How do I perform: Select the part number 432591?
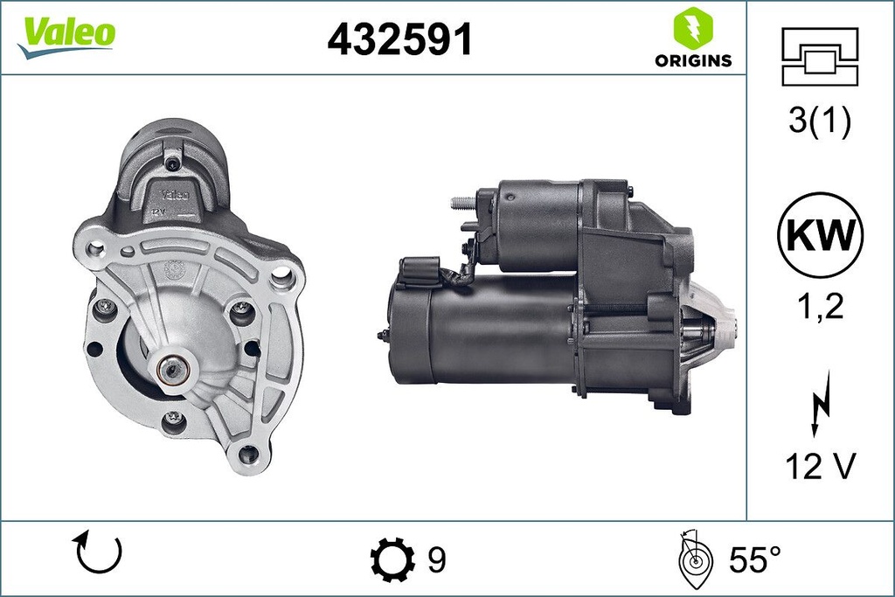(399, 38)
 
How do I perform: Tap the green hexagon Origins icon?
(692, 28)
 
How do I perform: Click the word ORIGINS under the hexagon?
(692, 60)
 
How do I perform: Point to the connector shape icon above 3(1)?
(820, 56)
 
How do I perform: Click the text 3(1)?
(819, 122)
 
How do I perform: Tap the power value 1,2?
(819, 307)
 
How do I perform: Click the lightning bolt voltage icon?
(819, 401)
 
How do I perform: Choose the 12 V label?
(819, 468)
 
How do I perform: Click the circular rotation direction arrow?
(99, 552)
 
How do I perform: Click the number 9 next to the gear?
(437, 559)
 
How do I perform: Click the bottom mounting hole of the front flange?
(247, 453)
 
